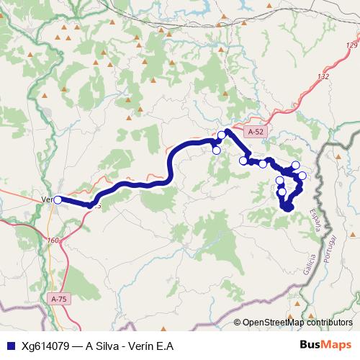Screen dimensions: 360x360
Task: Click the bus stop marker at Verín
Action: click(x=58, y=200)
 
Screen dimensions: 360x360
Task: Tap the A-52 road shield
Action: click(x=256, y=132)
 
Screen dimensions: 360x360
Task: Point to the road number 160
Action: click(x=52, y=240)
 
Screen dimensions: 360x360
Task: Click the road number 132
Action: click(x=323, y=76)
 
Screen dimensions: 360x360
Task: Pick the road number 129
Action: click(x=352, y=45)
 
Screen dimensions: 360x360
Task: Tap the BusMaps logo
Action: click(x=326, y=345)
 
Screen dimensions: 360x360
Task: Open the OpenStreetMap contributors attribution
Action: click(x=297, y=323)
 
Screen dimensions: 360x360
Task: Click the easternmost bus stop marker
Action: click(x=302, y=176)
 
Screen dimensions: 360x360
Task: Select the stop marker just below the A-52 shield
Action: click(x=243, y=161)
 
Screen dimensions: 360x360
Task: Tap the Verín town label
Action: click(x=48, y=199)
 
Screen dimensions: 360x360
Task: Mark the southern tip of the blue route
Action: click(x=289, y=210)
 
